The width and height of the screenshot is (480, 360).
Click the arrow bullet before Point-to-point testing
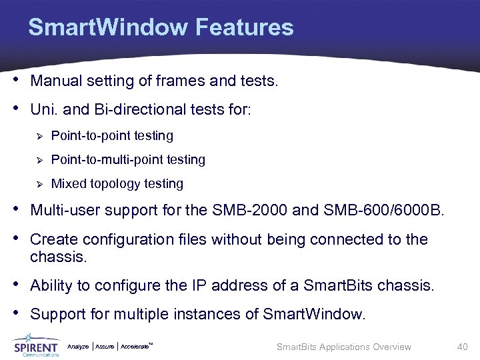(39, 136)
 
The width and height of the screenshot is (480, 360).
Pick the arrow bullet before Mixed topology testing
(39, 184)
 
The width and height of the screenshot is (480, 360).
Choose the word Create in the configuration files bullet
(53, 239)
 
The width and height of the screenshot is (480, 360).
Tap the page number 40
(463, 346)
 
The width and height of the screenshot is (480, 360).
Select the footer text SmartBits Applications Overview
(344, 347)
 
